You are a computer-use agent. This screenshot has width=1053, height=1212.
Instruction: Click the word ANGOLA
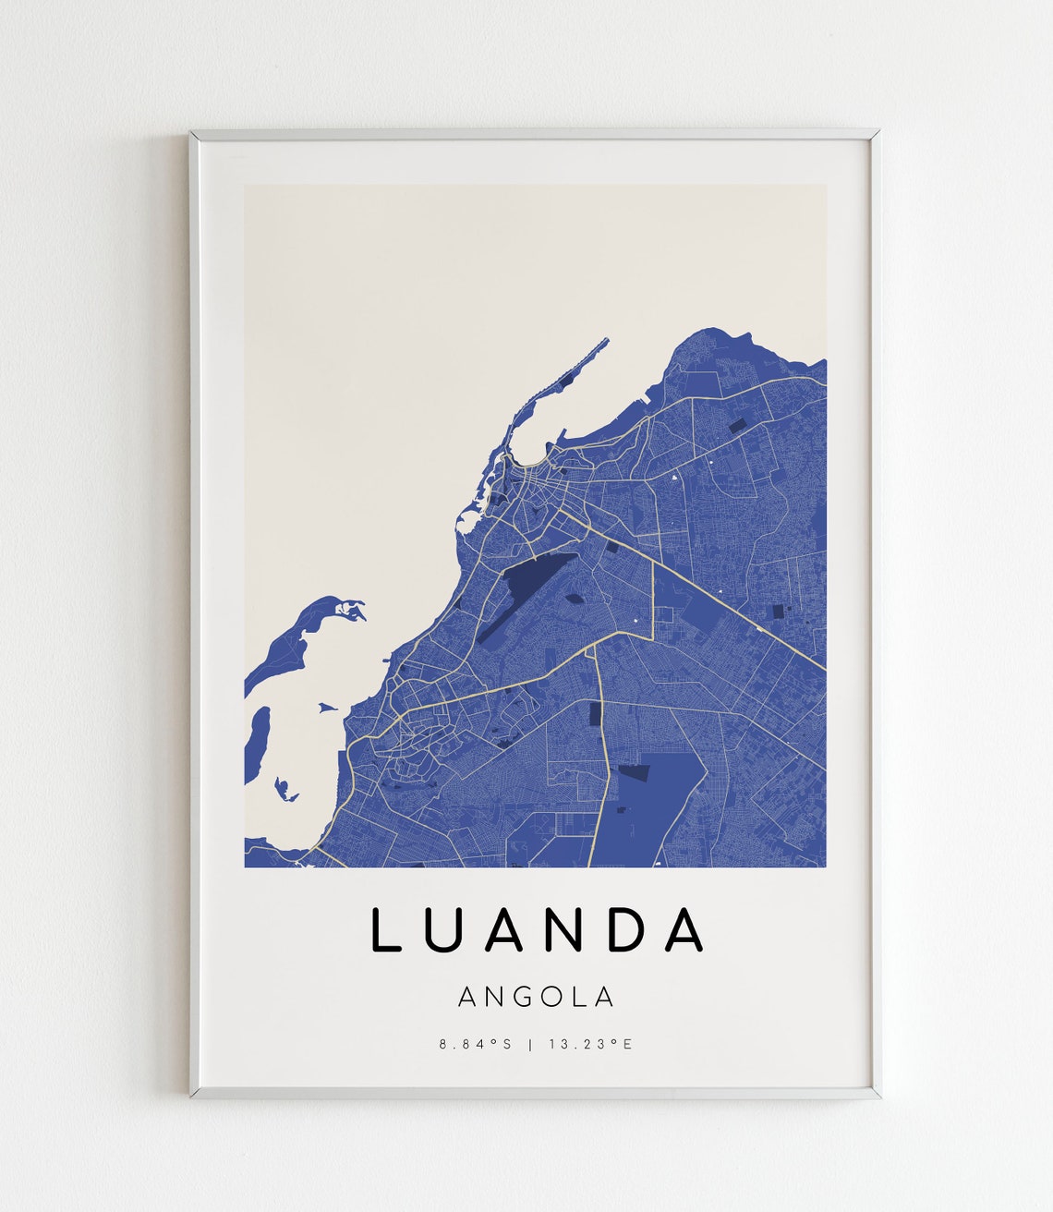click(536, 997)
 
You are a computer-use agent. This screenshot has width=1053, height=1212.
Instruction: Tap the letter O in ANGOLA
click(556, 997)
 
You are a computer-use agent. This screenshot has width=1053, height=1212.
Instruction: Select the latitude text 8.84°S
click(475, 1044)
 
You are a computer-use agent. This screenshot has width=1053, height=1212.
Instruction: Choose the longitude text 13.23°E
click(589, 1044)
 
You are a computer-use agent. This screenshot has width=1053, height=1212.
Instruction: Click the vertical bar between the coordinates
click(529, 1044)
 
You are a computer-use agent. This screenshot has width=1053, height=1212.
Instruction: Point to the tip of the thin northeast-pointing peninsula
click(606, 341)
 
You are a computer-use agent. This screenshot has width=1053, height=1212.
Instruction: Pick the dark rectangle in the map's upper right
click(739, 426)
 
